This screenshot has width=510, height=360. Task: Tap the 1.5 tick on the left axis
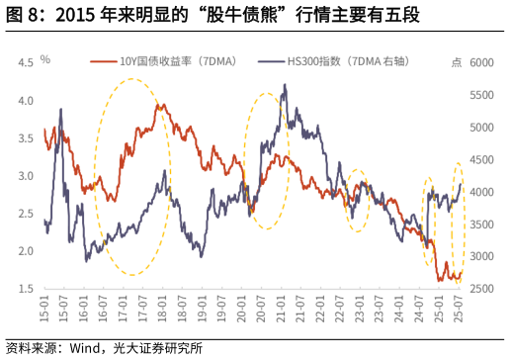26,289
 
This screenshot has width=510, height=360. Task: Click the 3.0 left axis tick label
26,176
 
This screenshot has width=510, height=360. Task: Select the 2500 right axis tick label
481,289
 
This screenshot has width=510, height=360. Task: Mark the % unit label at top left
44,59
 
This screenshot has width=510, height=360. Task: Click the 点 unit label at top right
456,61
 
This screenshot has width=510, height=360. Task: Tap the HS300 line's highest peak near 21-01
285,86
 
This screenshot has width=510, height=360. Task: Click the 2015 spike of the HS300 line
61,110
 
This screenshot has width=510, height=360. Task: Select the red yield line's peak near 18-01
160,104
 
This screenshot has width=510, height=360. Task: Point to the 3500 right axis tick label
481,225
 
